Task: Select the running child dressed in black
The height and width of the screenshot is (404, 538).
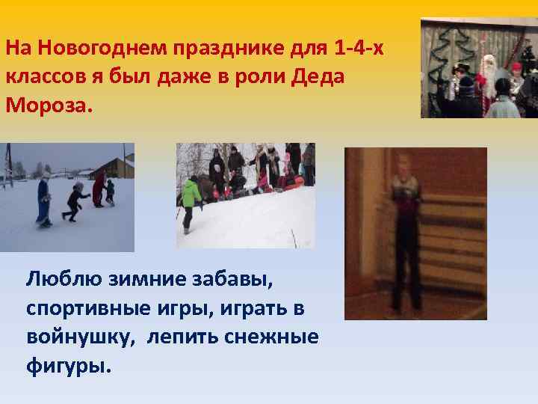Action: point(75,201)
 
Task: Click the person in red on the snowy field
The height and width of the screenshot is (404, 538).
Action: point(98,189)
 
